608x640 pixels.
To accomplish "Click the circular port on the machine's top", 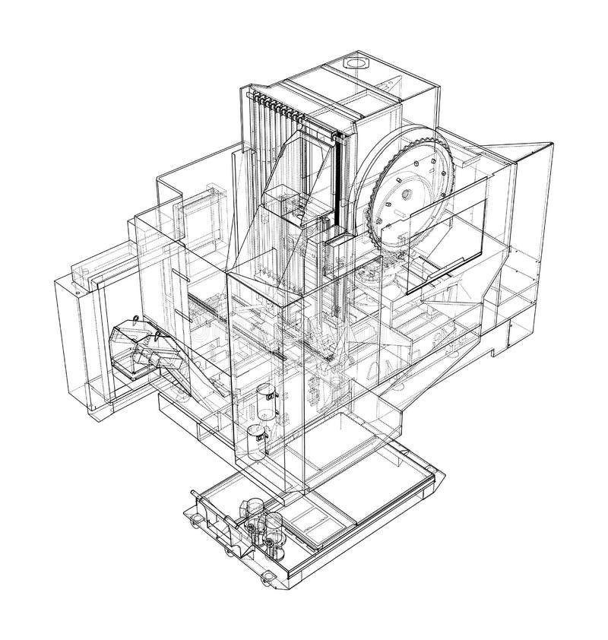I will pos(355,61).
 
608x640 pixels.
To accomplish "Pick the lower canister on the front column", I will pos(256,442).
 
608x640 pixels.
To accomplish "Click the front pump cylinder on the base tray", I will pos(271,528).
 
